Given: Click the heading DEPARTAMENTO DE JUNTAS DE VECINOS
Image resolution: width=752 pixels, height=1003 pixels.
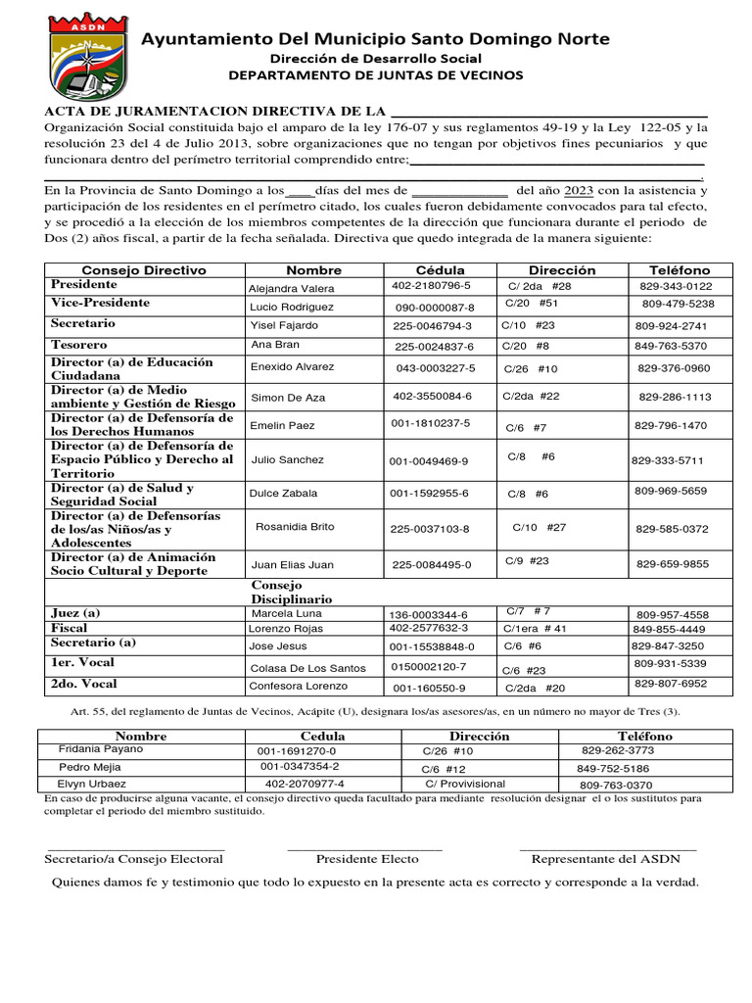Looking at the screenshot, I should click(375, 75).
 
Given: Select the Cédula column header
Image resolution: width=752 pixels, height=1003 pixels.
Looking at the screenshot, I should click(440, 269).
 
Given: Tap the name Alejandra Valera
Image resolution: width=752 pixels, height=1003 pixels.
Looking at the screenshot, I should click(292, 289).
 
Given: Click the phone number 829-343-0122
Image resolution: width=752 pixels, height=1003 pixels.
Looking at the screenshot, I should click(676, 286).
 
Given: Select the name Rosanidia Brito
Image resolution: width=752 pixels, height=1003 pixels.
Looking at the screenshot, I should click(295, 527).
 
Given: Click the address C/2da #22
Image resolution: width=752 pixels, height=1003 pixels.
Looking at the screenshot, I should click(531, 396).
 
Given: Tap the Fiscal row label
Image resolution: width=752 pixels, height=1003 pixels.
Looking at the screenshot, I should click(70, 628).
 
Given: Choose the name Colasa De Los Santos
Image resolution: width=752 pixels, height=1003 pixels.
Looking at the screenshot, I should click(307, 668).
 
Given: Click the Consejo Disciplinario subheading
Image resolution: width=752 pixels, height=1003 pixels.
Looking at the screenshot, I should click(292, 592).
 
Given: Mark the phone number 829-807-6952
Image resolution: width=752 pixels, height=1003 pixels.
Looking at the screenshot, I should click(671, 684).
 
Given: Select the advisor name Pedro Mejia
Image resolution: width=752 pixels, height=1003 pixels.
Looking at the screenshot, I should click(90, 767).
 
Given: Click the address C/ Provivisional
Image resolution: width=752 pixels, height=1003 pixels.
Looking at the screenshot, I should click(465, 784).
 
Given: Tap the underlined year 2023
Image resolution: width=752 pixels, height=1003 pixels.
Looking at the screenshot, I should click(579, 190).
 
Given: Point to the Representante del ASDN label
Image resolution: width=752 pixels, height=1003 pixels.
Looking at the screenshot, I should click(605, 859).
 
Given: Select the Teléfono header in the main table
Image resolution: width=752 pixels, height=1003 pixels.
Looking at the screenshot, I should click(679, 269).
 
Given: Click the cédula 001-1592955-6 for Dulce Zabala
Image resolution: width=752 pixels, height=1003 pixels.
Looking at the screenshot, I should click(429, 493).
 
